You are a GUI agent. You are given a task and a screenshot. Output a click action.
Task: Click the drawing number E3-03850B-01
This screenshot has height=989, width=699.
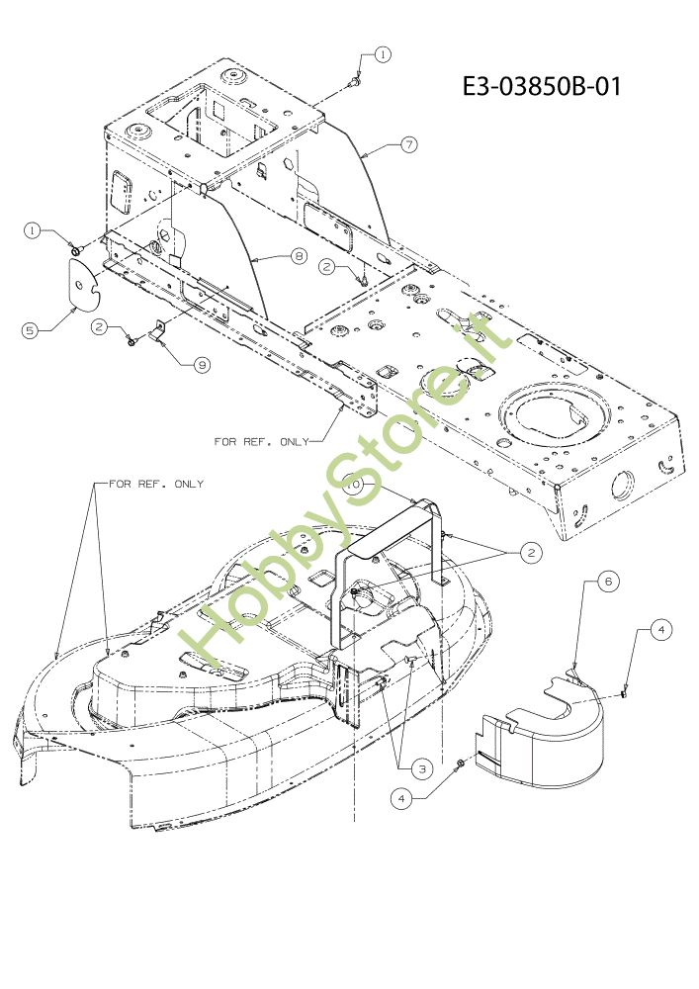[x=542, y=87]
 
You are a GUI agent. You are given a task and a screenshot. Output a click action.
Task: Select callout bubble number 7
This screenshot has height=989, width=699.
[x=408, y=143]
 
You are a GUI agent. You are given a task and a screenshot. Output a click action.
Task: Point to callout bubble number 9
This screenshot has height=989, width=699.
[x=202, y=365]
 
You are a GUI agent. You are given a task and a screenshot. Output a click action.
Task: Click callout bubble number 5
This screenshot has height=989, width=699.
[x=32, y=330]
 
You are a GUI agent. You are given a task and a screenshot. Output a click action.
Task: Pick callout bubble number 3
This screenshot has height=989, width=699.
[x=422, y=767]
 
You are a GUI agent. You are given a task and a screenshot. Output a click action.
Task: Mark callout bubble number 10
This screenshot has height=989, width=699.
[x=353, y=486]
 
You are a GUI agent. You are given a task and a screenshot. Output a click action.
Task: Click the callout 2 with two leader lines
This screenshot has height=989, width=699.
[x=531, y=553]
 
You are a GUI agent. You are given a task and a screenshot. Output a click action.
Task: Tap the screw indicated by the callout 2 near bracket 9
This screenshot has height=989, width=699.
[x=131, y=341]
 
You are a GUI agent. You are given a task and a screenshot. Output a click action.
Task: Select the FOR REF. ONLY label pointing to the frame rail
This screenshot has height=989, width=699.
[x=261, y=441]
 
